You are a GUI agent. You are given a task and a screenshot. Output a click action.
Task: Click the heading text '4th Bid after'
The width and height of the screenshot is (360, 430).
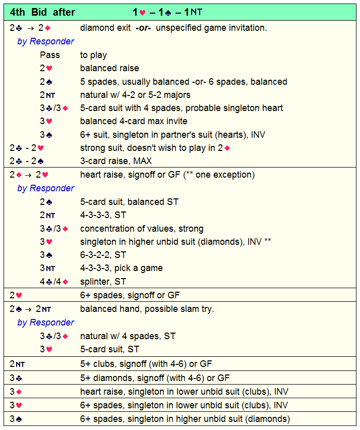tap(43, 12)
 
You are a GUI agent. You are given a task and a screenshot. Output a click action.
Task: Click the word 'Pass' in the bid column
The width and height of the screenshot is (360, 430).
tap(50, 55)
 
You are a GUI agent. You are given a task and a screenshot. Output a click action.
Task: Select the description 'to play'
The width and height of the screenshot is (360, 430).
tap(93, 55)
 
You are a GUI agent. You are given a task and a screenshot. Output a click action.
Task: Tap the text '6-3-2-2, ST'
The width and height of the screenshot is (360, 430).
tap(103, 255)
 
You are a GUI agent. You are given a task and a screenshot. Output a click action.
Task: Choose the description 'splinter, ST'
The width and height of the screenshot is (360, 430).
tap(103, 282)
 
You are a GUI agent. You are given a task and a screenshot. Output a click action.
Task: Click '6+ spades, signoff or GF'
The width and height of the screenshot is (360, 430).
tap(130, 295)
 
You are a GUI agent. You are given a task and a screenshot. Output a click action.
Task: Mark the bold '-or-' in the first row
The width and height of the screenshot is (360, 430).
tap(144, 28)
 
